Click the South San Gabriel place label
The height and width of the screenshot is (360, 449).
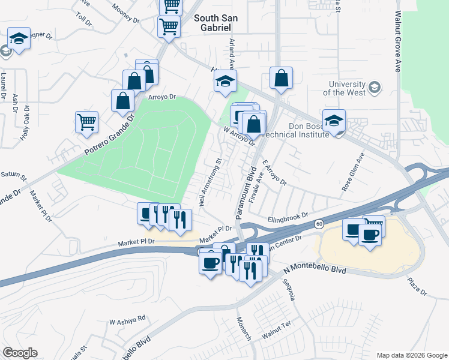(x=215, y=18)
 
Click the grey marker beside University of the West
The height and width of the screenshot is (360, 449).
(x=375, y=88)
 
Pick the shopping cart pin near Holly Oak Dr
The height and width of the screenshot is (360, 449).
(x=87, y=122)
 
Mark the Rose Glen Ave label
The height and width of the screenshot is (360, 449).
(x=353, y=172)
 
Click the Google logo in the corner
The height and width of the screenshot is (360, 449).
(x=19, y=353)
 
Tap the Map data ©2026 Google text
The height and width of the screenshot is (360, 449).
(x=411, y=355)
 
